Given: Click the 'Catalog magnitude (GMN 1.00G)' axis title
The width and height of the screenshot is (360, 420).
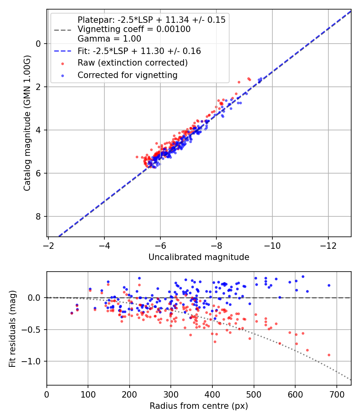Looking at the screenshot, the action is click(27, 123).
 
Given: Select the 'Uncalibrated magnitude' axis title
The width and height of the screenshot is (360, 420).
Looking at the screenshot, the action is click(199, 257).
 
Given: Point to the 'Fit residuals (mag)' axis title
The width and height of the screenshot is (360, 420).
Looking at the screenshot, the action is click(12, 329).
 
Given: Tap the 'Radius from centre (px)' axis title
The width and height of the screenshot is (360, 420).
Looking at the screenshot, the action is click(199, 406).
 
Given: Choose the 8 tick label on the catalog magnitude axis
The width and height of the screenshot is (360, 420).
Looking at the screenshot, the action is click(38, 216).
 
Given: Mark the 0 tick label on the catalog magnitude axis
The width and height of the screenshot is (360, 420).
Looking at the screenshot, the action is click(38, 44).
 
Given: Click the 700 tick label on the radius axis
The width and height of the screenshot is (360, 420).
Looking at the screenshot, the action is click(336, 394).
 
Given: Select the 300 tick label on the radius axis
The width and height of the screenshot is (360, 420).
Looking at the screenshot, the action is click(171, 394).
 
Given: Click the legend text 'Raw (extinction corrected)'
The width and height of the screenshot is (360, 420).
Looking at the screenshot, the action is click(132, 63).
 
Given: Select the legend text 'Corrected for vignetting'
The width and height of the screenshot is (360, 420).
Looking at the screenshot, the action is click(128, 75).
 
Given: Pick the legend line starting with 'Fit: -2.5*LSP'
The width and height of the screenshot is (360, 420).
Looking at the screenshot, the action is click(139, 51).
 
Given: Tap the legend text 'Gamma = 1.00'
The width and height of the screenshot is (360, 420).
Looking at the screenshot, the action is click(109, 38).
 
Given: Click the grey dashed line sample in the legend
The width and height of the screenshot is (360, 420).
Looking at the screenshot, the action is click(63, 30).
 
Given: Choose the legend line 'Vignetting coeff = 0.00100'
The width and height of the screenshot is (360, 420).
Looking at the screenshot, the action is click(134, 29).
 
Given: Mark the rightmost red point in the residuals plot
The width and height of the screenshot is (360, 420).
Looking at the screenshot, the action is click(329, 355).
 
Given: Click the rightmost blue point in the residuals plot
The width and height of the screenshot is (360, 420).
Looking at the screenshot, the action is click(329, 286).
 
